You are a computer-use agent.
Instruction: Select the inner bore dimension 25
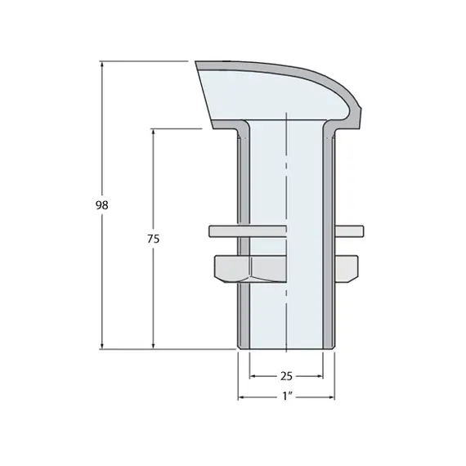pos(286,376)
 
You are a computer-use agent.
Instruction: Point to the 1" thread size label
pos(286,397)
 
